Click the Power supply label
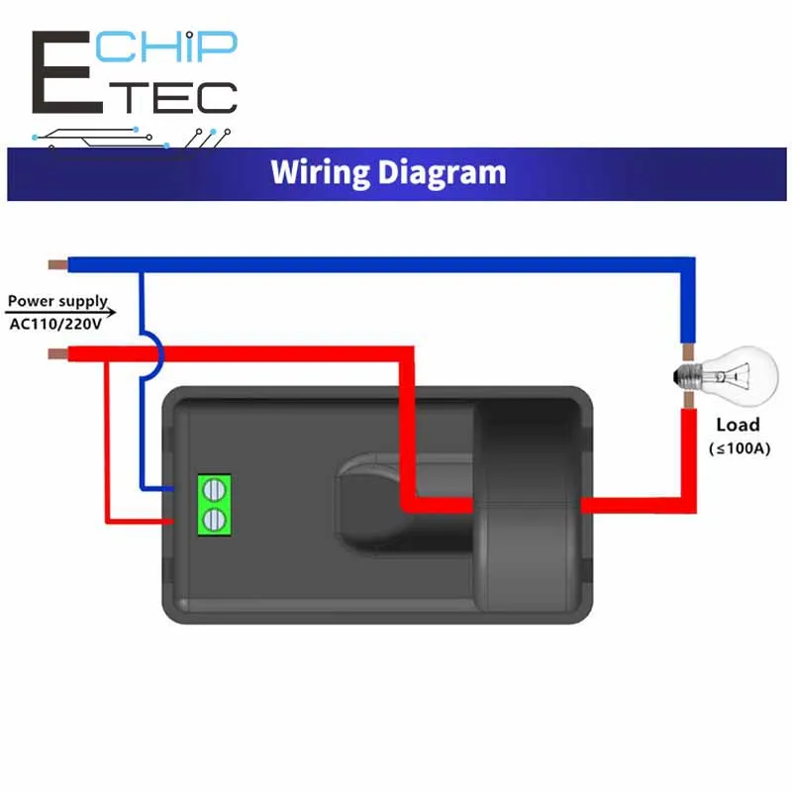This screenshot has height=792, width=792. tap(56, 301)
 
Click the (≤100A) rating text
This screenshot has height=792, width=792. tap(739, 448)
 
